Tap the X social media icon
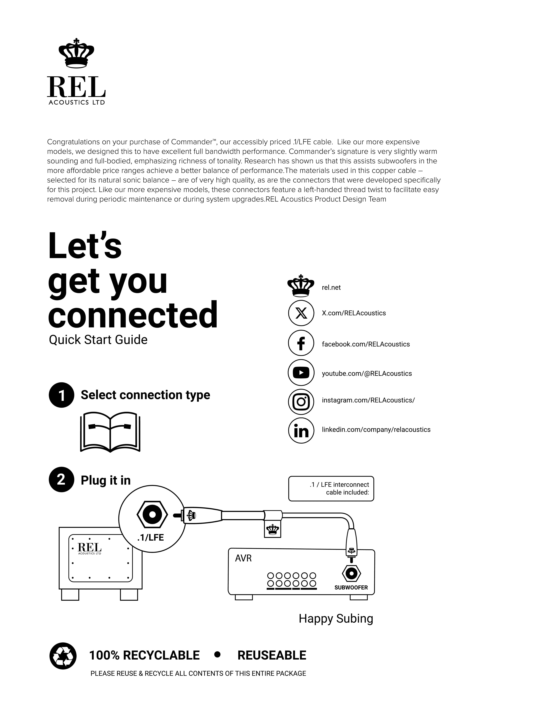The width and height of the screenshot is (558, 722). point(301,313)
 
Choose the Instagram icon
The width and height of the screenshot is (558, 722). point(301,402)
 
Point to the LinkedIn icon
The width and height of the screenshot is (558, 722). point(301,430)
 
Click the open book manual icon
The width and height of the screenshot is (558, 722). point(110,432)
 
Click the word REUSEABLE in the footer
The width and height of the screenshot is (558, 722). point(272,655)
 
